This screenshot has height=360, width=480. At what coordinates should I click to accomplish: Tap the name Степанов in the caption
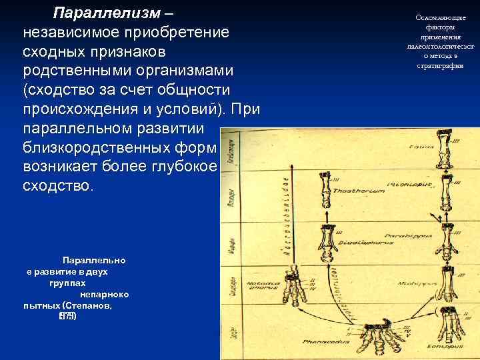tap(87, 305)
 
